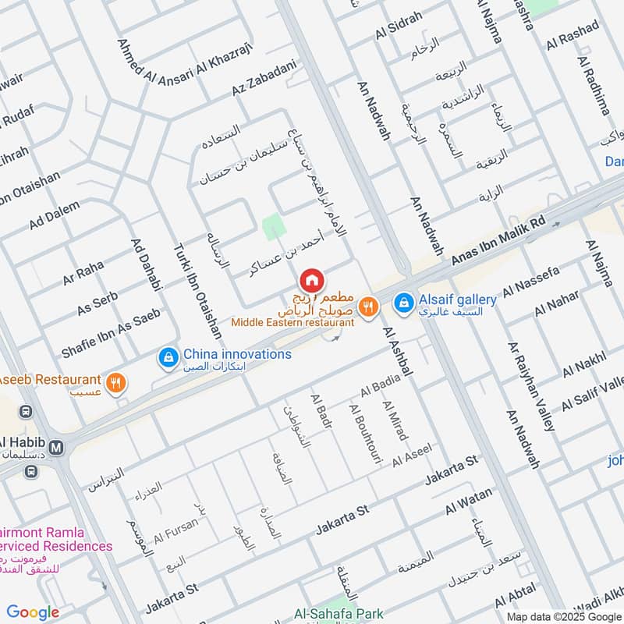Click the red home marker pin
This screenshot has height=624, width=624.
310,280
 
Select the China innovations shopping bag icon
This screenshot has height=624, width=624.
167,356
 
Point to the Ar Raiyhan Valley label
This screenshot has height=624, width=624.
532,387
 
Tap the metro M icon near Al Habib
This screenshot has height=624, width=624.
55,448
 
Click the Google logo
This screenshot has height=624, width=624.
33,612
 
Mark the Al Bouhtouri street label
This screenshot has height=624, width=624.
365,436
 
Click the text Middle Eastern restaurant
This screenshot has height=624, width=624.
292,322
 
